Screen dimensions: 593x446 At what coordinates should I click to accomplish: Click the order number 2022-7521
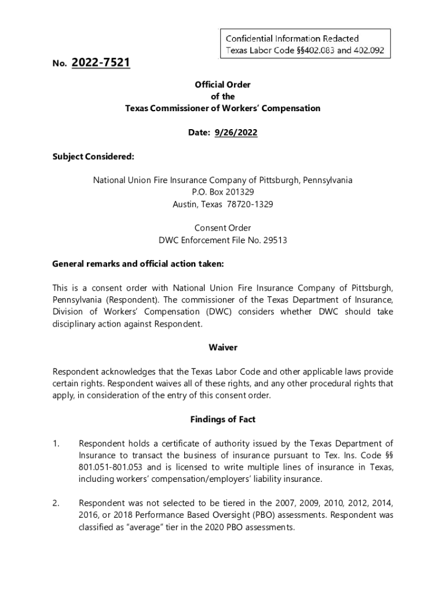click(101, 63)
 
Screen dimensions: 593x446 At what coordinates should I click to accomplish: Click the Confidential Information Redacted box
click(305, 44)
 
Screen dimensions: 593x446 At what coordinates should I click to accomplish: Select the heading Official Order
click(223, 85)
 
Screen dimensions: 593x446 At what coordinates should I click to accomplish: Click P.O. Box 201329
click(223, 192)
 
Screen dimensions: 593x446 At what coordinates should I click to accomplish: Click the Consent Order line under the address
click(223, 228)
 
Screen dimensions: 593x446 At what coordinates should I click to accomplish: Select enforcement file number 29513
click(276, 240)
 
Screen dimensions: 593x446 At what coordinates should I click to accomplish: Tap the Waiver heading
click(223, 347)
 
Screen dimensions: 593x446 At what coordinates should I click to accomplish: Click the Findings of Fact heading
click(223, 419)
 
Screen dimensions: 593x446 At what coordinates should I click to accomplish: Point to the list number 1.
click(56, 444)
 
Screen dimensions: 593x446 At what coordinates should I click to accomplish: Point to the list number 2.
click(56, 504)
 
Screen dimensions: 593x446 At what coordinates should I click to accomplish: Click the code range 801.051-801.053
click(112, 467)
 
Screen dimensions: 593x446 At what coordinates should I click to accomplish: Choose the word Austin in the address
click(185, 204)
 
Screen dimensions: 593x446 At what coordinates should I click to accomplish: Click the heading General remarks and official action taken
click(138, 264)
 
